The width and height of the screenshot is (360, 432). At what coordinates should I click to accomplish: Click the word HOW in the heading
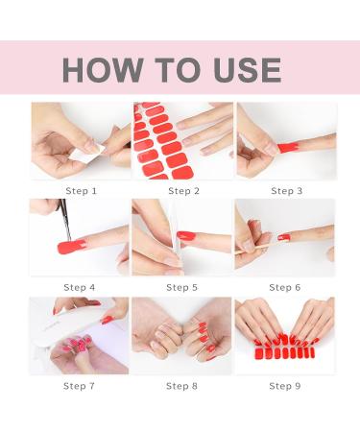[x=103, y=70]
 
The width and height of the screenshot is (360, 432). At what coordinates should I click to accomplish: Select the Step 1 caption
[x=81, y=191]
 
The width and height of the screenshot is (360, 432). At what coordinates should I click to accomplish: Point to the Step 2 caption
[x=183, y=191]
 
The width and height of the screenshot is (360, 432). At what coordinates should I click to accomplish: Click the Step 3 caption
[x=286, y=191]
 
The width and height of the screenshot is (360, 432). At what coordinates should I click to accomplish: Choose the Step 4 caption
[x=80, y=287]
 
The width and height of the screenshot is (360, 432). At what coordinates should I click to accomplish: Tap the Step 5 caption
[x=182, y=287]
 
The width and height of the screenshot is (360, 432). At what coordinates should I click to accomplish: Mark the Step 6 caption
[x=285, y=287]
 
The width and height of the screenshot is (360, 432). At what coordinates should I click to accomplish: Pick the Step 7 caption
[x=79, y=386]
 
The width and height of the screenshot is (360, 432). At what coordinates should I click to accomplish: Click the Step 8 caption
[x=181, y=386]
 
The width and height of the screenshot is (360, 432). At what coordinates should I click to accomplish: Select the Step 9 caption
[x=285, y=386]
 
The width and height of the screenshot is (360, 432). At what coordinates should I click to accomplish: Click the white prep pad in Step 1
[x=86, y=154]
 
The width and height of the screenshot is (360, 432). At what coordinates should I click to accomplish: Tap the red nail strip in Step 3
[x=288, y=148]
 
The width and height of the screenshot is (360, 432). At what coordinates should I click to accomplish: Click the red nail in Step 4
[x=71, y=247]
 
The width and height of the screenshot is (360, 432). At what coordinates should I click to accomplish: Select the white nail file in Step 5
[x=177, y=237]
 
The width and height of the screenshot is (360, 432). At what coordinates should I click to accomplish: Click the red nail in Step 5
[x=186, y=236]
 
